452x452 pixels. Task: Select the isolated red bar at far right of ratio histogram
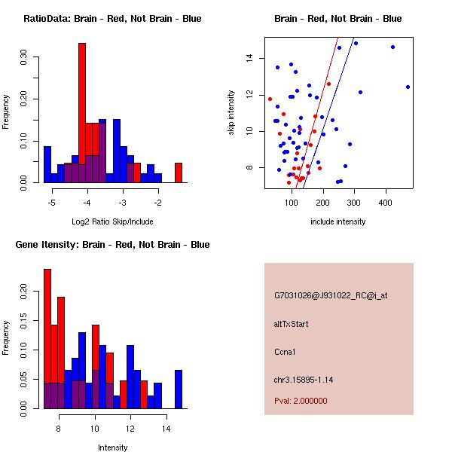click(179, 173)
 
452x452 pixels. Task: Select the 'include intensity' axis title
click(337, 221)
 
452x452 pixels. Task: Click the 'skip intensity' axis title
click(231, 113)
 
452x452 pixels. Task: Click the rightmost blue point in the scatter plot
click(408, 87)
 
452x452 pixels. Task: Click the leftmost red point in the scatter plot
click(270, 99)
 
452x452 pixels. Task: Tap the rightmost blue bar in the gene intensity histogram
click(179, 389)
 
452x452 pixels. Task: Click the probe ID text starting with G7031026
click(330, 296)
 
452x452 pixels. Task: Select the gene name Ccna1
click(286, 351)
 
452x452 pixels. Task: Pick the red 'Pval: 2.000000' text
click(301, 401)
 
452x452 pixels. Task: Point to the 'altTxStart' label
click(292, 324)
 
